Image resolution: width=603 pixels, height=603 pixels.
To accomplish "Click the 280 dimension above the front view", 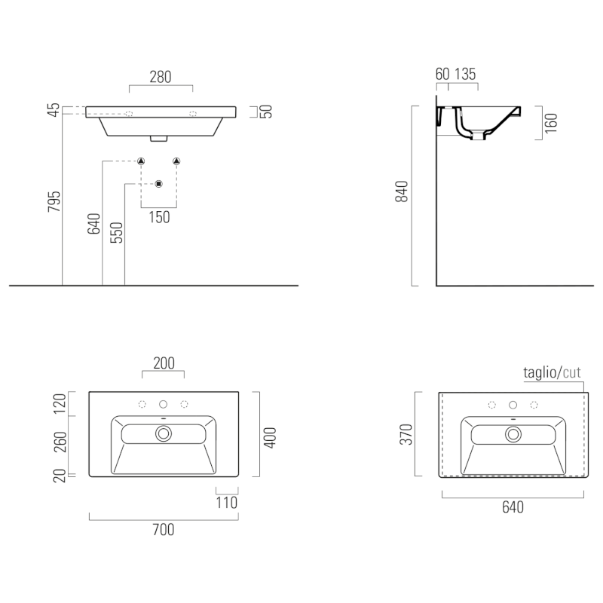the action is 161,78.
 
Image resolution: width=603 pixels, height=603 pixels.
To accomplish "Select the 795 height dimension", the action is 54,201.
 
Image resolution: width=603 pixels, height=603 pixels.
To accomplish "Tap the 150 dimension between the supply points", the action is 159,217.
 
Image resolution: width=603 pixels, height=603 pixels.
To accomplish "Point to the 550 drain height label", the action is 117,233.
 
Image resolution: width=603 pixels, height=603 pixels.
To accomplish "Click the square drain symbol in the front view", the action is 159,184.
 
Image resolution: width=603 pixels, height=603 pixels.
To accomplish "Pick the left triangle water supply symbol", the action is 141,161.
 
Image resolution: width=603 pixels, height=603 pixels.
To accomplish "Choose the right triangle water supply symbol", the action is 176,161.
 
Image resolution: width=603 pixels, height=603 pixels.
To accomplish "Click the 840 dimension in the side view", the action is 402,191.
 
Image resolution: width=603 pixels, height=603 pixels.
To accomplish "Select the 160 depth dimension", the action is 551,123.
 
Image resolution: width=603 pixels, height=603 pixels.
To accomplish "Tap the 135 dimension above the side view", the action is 465,74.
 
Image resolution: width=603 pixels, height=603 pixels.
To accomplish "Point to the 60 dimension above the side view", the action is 442,74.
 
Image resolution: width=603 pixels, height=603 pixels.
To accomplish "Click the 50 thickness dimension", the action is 266,112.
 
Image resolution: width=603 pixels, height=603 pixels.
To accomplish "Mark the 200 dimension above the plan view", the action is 164,363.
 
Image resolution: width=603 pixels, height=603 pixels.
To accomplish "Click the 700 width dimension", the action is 164,530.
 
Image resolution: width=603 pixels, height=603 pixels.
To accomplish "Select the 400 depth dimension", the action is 270,438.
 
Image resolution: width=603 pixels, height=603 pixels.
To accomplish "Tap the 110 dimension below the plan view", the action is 227,503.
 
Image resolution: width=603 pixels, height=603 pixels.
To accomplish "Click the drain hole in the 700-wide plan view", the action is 164,434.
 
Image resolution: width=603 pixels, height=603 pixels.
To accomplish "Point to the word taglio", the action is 540,372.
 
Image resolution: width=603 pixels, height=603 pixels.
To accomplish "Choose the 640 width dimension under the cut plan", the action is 513,507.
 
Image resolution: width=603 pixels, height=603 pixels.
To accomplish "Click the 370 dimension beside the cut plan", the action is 406,435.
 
